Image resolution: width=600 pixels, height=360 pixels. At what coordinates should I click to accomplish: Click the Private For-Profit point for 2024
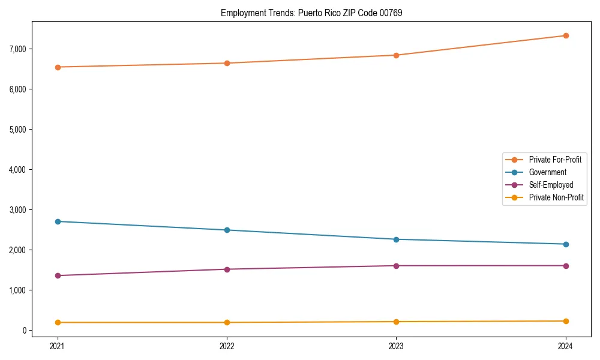coord(565,35)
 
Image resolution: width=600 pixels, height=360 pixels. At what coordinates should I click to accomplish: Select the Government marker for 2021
coord(58,221)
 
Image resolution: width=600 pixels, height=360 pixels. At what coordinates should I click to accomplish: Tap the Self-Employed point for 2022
coord(227,269)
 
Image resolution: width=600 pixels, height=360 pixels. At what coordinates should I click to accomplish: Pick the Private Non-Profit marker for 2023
coord(396,322)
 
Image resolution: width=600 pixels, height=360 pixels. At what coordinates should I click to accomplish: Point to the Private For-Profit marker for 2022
coord(227,63)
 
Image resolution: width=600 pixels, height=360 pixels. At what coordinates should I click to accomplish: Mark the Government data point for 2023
coord(396,239)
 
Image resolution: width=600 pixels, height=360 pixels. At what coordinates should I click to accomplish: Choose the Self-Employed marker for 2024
coord(565,266)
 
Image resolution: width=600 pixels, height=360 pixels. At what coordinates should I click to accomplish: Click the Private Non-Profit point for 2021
coord(58,322)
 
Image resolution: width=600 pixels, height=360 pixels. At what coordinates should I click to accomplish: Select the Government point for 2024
coord(565,244)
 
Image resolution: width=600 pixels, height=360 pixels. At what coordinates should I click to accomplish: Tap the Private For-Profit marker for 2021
coord(58,67)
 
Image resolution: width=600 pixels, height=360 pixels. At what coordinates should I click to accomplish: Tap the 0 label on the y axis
coord(39,331)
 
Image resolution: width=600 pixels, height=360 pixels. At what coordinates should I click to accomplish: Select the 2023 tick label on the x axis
coord(396,346)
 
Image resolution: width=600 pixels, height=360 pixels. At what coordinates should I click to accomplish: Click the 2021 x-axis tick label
coord(58,346)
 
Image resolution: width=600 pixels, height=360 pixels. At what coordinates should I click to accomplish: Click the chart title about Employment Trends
coord(311,13)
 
